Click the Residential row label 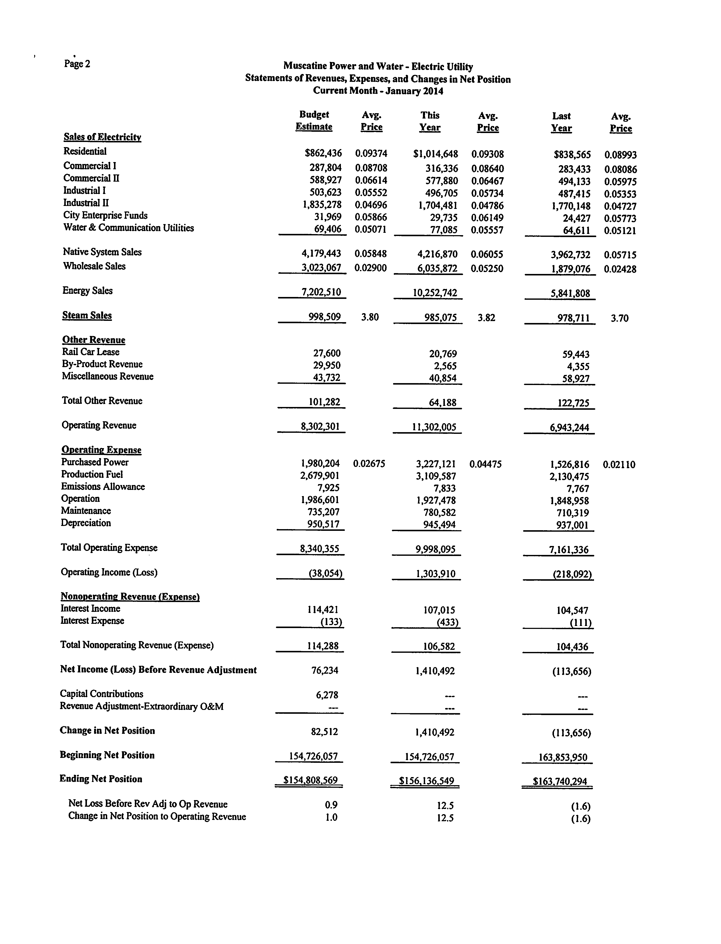point(85,151)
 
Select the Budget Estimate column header point(314,121)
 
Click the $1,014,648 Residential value point(435,154)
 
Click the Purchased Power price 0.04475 point(485,464)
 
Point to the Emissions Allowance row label point(103,486)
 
